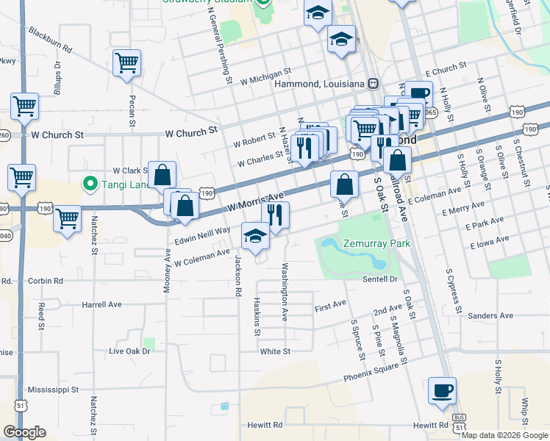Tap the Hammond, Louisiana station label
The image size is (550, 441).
coord(319,84)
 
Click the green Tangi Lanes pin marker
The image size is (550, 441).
coord(91,182)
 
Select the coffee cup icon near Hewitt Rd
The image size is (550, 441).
coord(443,390)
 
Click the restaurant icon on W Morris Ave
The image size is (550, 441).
coord(276,215)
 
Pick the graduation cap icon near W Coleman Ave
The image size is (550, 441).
coord(255,236)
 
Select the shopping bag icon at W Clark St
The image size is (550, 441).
coord(162,175)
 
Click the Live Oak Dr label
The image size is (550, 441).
coord(129,351)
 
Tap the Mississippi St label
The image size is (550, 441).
coord(58,389)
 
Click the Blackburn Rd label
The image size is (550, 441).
coord(50,40)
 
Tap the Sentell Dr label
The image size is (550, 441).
coord(379,279)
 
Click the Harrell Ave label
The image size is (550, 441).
coord(101,304)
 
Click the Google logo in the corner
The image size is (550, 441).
coord(24,431)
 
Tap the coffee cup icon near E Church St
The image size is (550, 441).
coord(418,94)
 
